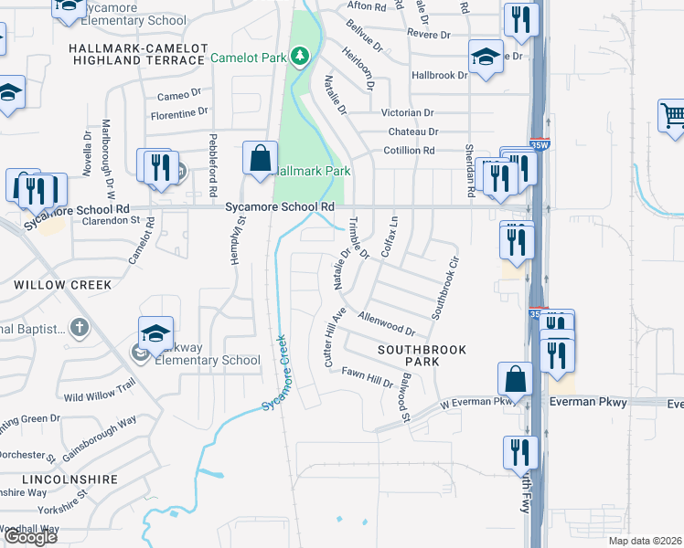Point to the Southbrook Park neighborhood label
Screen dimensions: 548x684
(422, 355)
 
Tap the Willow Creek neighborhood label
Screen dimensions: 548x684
(63, 285)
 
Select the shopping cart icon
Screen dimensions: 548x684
(673, 116)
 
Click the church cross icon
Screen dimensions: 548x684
(80, 327)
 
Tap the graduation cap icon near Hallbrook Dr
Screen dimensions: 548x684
(485, 57)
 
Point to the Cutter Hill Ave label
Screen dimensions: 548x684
(333, 338)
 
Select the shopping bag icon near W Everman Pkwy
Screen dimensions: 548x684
(515, 378)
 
